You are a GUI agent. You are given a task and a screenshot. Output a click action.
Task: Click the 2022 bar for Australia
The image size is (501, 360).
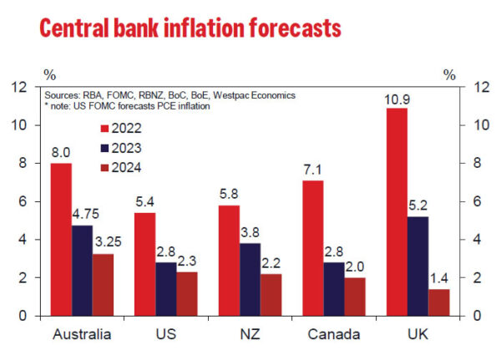(x=61, y=240)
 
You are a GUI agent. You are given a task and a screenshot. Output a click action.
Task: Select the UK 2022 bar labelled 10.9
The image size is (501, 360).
(x=397, y=212)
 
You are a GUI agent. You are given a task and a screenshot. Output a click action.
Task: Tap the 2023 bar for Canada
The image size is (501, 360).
(x=333, y=289)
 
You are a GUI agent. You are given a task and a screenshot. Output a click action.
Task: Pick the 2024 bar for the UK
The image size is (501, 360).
(x=439, y=302)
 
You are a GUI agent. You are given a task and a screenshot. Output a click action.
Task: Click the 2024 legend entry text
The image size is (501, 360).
(x=136, y=167)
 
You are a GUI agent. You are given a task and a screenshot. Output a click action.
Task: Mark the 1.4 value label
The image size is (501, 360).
(x=439, y=281)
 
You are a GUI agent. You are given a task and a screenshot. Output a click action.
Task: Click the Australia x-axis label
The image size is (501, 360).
(x=81, y=336)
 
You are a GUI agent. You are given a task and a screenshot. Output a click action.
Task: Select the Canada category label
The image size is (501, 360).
(x=333, y=336)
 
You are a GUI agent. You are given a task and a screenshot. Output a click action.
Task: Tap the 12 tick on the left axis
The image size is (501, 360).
(x=18, y=87)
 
